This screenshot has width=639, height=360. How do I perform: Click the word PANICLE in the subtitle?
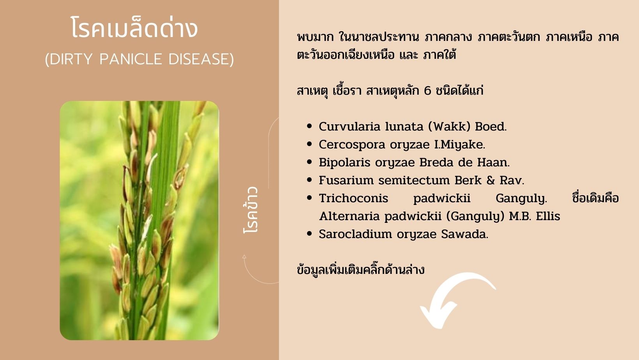click(131, 59)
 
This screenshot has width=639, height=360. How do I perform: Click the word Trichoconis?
click(353, 198)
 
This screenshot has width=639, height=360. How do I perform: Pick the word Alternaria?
click(350, 216)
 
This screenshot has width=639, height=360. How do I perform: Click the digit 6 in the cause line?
click(427, 91)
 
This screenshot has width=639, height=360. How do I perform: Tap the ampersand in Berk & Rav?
click(491, 180)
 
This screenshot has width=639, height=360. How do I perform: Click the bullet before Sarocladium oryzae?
click(309, 234)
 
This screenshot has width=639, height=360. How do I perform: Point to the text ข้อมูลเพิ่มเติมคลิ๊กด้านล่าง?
click(360, 269)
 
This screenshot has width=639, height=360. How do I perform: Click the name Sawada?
click(465, 234)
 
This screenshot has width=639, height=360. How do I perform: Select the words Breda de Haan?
click(464, 162)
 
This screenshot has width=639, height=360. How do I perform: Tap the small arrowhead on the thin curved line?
click(244, 256)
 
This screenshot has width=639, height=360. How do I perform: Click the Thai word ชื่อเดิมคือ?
click(595, 198)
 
